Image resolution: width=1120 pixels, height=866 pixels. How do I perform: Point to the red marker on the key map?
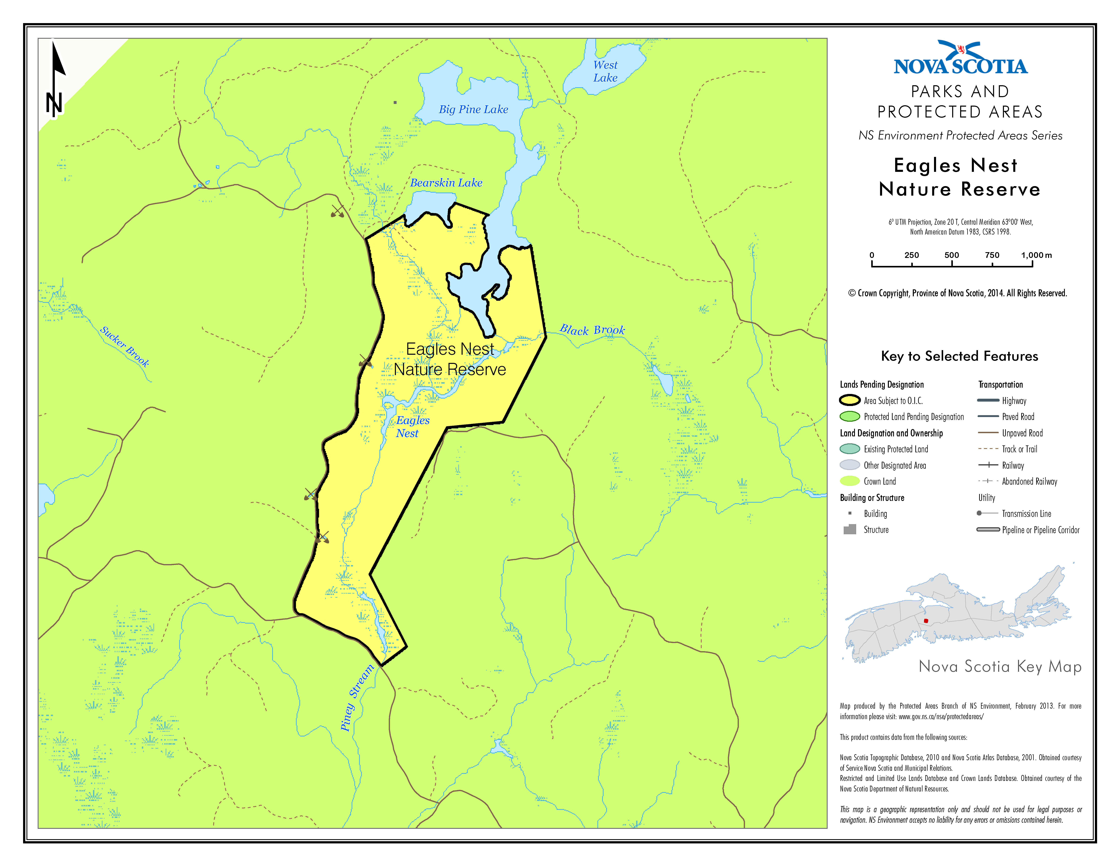tap(926, 621)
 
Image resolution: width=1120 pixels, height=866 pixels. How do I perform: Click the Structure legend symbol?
tap(850, 529)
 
